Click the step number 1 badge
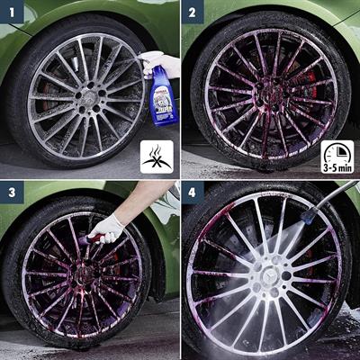(x=13, y=13)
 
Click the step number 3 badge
(x=13, y=194)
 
